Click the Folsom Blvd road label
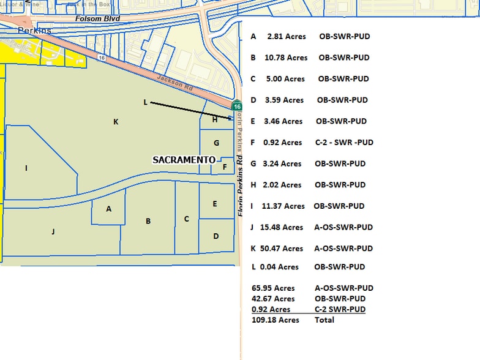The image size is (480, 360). pos(97,18)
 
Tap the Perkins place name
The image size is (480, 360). pos(34,30)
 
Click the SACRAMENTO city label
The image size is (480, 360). pos(184,160)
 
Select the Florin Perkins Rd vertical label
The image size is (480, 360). pos(241,178)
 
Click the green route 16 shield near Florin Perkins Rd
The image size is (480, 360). pos(237,105)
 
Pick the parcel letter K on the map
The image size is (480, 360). pos(116,122)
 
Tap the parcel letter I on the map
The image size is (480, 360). pos(26,168)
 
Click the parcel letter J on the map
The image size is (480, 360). pos(53,231)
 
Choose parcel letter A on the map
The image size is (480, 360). pos(109,209)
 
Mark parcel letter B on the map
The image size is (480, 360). pos(148,221)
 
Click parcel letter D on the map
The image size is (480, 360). pos(216,236)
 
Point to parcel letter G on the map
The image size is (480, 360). pos(216,143)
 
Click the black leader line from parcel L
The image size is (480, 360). pos(190,110)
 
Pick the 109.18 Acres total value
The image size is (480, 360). pos(276,320)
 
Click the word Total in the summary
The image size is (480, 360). pos(324,320)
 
